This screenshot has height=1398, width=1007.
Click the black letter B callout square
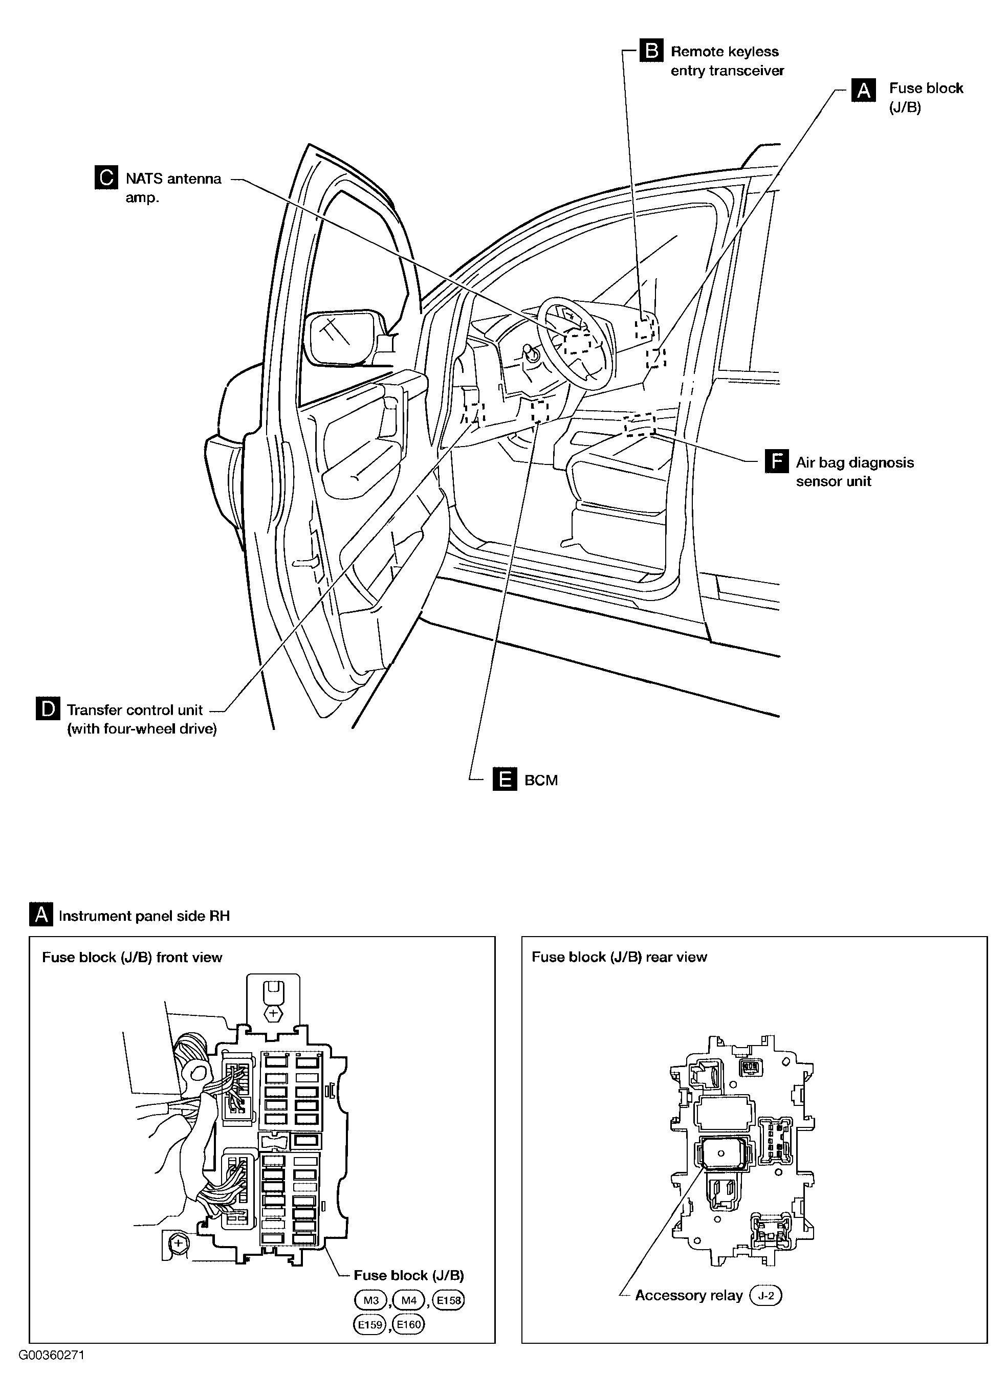[x=651, y=51]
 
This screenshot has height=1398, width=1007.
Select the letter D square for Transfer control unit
[x=48, y=709]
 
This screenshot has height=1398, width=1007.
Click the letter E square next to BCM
[x=505, y=779]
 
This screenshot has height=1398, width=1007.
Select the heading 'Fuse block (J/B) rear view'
[x=619, y=957]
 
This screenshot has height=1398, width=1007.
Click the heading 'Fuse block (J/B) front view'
[x=132, y=957]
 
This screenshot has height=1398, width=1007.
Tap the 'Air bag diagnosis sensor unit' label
[x=855, y=472]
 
